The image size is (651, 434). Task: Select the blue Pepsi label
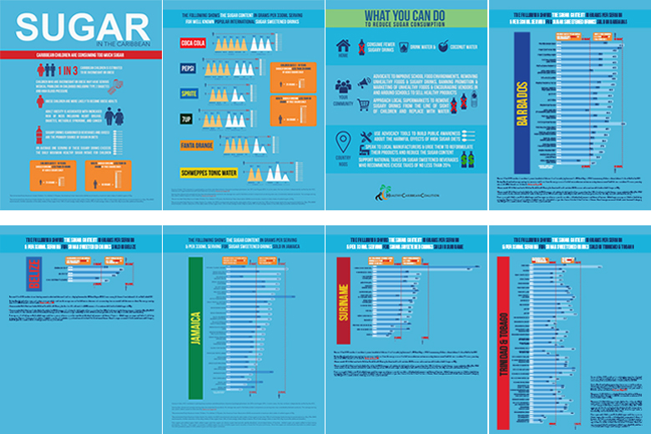click(190, 71)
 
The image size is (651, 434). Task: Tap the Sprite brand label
click(191, 95)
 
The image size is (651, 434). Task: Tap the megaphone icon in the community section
click(364, 83)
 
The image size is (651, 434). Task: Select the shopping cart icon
click(364, 105)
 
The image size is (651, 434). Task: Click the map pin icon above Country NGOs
click(342, 139)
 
